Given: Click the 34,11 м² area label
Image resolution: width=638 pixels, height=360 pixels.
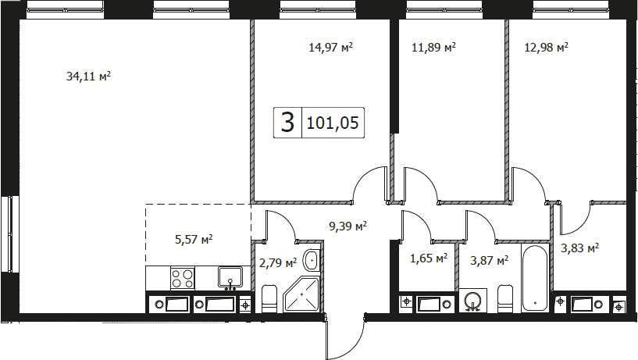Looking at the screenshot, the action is point(88,76).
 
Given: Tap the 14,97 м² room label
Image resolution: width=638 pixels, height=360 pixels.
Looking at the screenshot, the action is point(330,47).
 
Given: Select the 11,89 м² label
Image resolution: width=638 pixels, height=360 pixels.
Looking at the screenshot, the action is point(433,47).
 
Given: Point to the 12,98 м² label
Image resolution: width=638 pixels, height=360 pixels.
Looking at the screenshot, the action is point(546,47).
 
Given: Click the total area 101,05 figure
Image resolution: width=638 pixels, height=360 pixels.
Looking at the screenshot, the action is point(333,123).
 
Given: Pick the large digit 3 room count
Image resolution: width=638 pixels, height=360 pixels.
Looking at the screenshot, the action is point(287,122).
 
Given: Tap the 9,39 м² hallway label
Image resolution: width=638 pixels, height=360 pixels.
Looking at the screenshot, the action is point(348,226).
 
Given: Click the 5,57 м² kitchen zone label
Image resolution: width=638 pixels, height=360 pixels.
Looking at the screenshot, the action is point(194,239).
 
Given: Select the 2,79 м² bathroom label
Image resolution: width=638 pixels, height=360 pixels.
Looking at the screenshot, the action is point(278,263).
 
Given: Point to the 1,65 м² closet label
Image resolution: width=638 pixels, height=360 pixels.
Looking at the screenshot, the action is point(429,258).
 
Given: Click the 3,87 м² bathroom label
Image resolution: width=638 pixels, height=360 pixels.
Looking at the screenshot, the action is point(489,260).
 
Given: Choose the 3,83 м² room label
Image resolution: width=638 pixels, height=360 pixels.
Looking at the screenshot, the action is point(579,248).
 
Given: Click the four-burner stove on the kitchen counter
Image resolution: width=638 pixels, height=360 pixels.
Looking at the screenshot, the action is point(182,278).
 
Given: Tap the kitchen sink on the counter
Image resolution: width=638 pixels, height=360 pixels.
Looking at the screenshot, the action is point(230,277).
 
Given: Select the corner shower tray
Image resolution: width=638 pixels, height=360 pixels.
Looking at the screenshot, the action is point(301,294).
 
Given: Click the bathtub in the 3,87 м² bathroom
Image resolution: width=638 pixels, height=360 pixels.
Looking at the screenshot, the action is point(535,278).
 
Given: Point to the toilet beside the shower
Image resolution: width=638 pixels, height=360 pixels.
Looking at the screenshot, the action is point(269,298).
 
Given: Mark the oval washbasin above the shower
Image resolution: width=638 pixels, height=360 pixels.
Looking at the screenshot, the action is point(312,260).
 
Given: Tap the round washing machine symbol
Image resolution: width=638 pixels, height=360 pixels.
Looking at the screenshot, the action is point(472,301).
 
